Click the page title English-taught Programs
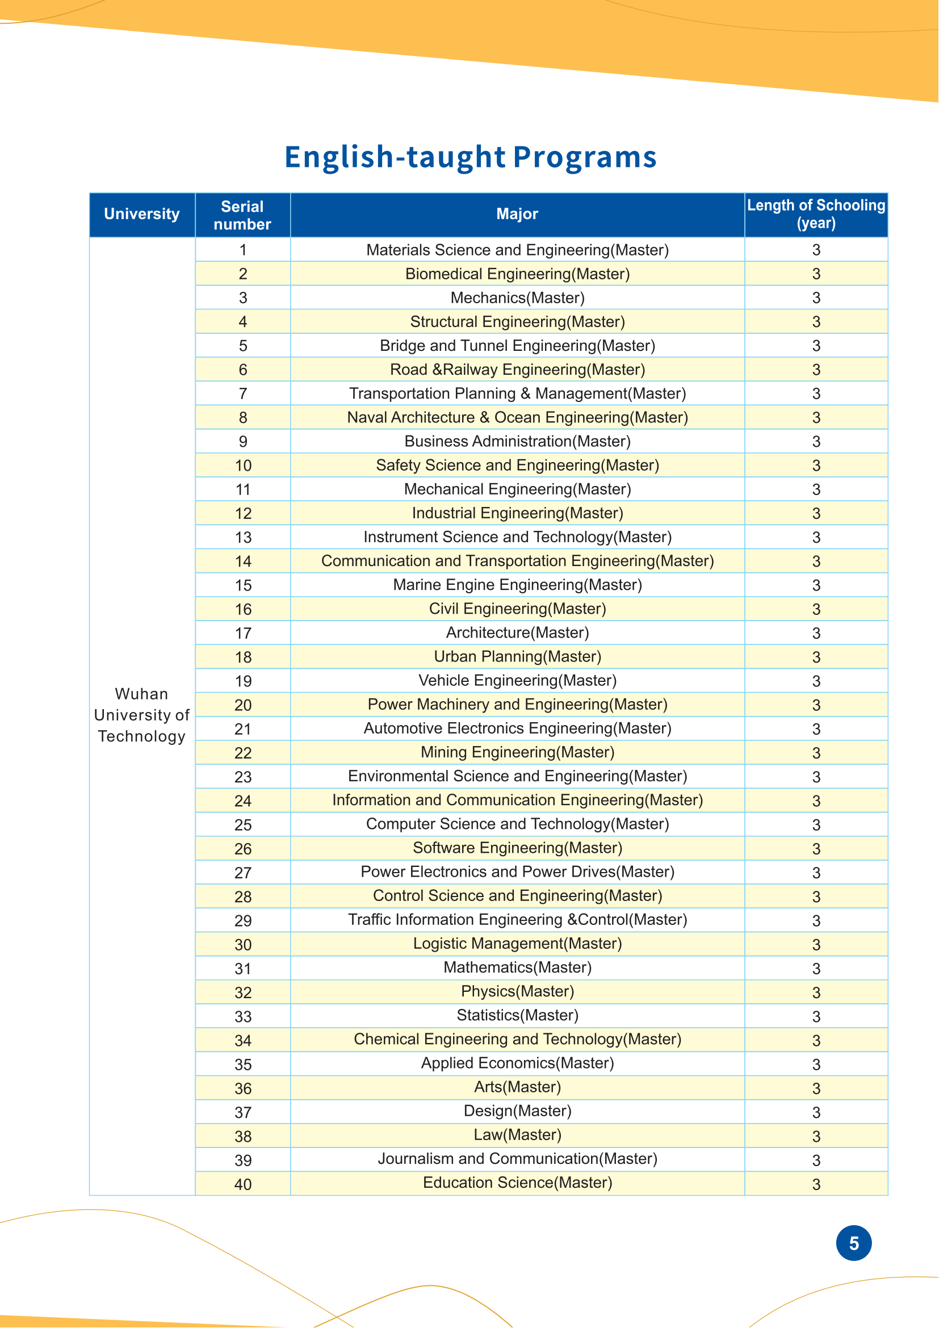point(470,157)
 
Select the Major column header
point(517,214)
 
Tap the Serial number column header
point(242,215)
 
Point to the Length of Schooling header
point(816,214)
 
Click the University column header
point(142,214)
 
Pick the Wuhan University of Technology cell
point(142,715)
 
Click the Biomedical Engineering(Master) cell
point(517,274)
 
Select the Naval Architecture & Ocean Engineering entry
point(517,418)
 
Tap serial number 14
point(243,561)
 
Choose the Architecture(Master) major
point(517,632)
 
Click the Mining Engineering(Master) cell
point(517,752)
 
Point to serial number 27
point(243,873)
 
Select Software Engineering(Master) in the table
point(517,848)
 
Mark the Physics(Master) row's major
point(517,991)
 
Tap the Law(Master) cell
point(517,1135)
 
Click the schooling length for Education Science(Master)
point(816,1184)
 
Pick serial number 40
point(243,1184)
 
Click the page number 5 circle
point(853,1243)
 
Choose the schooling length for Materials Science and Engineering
point(816,250)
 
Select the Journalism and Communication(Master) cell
point(517,1159)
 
